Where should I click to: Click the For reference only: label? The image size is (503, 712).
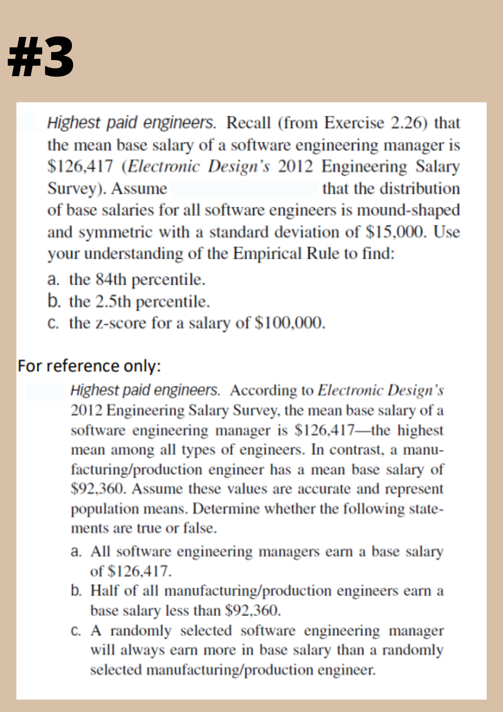click(89, 366)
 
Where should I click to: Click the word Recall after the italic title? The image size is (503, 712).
click(248, 123)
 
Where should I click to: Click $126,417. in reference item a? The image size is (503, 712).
click(139, 571)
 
